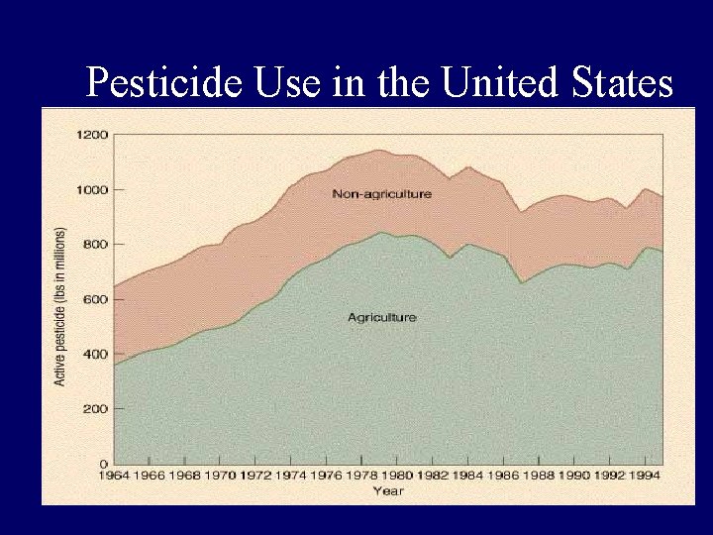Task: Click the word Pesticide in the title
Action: [x=164, y=83]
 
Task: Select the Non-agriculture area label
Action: [x=381, y=194]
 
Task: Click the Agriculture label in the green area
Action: [x=381, y=317]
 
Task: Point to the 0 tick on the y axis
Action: [x=103, y=464]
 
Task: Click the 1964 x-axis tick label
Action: [x=114, y=476]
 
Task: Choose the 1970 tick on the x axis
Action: [x=220, y=476]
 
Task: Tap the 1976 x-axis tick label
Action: [x=327, y=476]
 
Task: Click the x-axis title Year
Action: [x=387, y=490]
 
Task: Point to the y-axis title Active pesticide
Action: [x=60, y=307]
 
